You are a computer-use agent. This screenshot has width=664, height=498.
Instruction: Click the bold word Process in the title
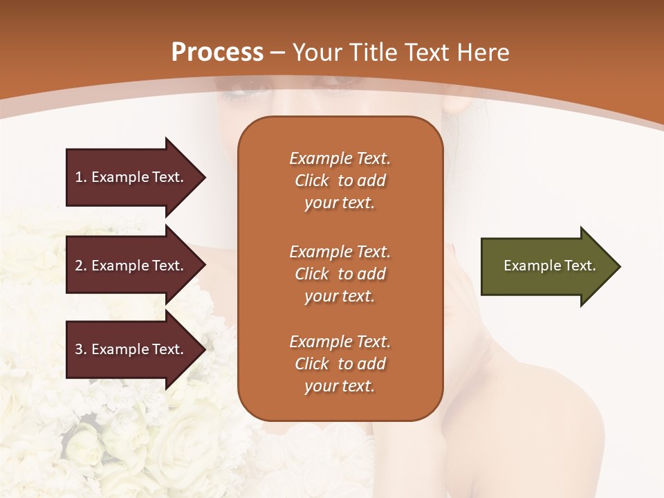tap(217, 53)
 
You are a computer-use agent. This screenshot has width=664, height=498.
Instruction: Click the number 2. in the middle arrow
tap(81, 266)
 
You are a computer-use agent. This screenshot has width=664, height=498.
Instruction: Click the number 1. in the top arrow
tap(81, 177)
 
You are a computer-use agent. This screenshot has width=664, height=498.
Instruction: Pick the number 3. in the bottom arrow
tap(81, 349)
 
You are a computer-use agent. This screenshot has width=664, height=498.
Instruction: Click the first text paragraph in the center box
tap(340, 181)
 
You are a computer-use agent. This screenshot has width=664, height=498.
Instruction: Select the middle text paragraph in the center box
tap(340, 274)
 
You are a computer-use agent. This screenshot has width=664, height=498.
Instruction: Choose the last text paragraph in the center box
tap(340, 364)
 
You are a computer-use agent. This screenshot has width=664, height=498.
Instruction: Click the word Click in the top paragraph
tap(311, 181)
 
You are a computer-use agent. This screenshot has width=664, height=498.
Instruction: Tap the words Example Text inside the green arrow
tap(550, 266)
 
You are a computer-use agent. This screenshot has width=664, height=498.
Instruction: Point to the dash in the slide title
tap(278, 53)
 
